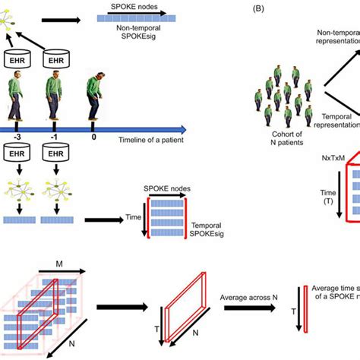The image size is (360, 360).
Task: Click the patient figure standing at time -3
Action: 17,95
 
